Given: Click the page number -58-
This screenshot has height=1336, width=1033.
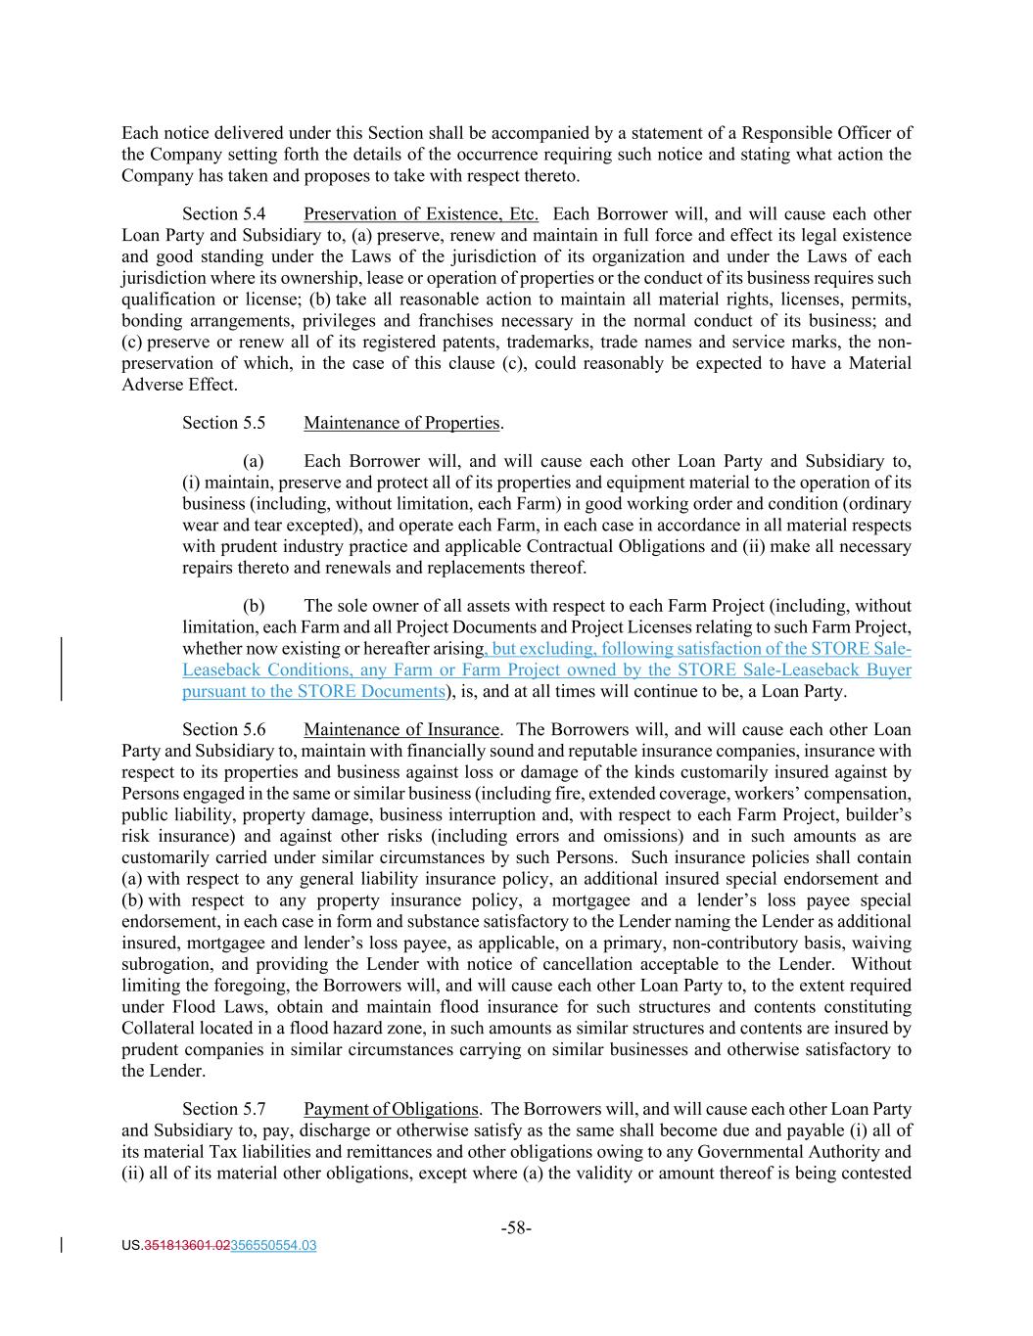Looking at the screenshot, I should pos(516,1227).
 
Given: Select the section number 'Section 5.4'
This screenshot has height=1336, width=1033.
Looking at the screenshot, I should pos(223,214).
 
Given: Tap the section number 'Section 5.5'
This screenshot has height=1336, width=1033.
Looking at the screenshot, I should pos(223,423).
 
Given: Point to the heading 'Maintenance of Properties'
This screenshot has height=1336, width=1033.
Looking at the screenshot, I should pos(401,423).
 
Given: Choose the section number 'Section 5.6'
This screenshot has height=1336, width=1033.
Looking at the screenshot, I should pos(223,729).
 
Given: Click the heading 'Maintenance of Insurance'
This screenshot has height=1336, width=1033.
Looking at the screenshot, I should pos(401,729).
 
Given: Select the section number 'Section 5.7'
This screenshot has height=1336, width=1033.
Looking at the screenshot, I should pos(223,1109).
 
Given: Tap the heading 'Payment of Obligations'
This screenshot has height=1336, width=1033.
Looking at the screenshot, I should pos(391,1109).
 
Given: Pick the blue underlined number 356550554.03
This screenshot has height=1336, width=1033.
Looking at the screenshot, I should pos(273,1246).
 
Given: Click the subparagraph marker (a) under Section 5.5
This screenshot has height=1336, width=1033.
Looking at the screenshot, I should pos(254,461).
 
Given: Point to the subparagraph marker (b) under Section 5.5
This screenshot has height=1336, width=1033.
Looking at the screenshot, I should pos(254,606).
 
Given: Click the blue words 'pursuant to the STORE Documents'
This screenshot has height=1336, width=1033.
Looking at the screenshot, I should pos(313,692).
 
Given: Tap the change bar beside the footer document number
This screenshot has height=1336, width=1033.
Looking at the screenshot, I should pos(63,1246).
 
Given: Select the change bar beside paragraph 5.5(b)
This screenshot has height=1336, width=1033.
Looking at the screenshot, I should pos(63,669).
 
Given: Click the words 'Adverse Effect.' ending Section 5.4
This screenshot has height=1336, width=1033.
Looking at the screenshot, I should pos(179,385).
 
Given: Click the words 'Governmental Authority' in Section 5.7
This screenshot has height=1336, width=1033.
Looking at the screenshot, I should pos(803,1152).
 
